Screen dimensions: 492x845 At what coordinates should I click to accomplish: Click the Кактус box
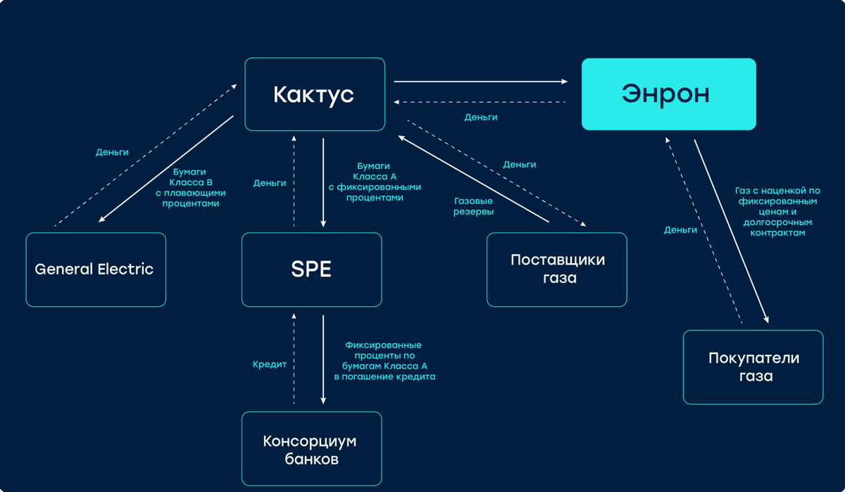(315, 94)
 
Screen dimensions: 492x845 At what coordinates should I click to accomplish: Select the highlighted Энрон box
(668, 94)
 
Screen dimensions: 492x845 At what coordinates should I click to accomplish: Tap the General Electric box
(96, 270)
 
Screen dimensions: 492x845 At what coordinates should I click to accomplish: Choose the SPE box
(311, 270)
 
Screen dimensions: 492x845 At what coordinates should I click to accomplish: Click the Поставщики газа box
(557, 270)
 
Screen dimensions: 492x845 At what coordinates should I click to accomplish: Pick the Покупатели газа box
(753, 367)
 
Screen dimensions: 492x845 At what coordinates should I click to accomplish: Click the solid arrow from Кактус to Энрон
(481, 82)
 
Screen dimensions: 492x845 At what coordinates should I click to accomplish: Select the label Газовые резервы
(473, 206)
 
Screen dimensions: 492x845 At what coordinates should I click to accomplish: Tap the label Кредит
(270, 365)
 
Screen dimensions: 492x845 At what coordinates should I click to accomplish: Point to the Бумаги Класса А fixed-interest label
(374, 182)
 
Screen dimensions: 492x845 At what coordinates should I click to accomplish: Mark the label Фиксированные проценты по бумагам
(384, 360)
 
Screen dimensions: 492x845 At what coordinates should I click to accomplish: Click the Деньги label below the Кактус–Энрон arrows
(481, 118)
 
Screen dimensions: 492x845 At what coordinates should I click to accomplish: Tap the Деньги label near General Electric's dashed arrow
(112, 152)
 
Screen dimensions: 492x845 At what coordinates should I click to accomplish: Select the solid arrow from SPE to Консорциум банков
(323, 359)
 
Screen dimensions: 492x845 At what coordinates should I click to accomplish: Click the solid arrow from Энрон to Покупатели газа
(730, 232)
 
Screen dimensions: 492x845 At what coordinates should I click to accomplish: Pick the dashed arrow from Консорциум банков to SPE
(294, 359)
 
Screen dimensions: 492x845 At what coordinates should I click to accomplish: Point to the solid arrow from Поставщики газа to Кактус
(473, 179)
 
